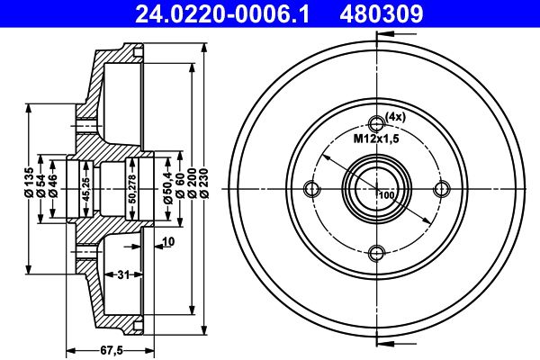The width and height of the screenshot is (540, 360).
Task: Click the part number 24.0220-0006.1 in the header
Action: tap(222, 13)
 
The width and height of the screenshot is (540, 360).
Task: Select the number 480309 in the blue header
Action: tap(382, 13)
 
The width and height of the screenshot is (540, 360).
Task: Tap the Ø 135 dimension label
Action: tap(29, 183)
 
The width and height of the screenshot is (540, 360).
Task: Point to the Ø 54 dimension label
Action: tap(40, 186)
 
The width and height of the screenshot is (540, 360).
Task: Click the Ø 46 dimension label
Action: tap(53, 186)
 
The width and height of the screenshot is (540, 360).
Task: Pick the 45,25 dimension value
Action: tap(86, 189)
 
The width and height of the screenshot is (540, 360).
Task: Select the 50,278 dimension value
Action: tap(133, 189)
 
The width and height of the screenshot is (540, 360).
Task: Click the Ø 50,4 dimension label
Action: tap(167, 186)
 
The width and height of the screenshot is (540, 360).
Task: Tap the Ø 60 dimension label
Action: tap(180, 186)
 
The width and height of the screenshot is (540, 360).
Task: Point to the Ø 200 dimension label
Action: tap(193, 183)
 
